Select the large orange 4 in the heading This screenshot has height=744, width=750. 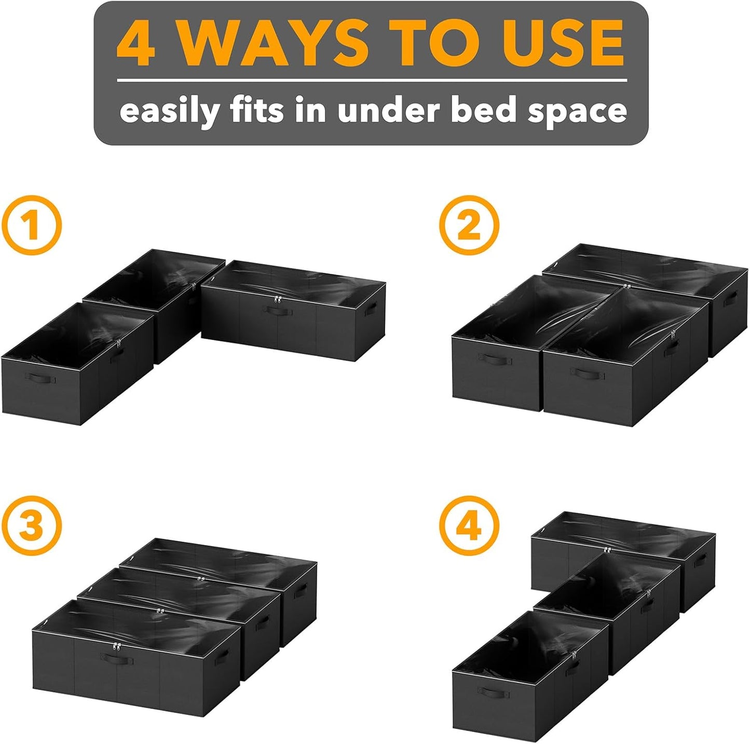tap(137, 44)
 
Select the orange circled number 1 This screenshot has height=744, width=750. tap(31, 225)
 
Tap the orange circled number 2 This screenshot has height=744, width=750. tap(469, 225)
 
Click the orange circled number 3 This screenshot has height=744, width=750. tap(31, 526)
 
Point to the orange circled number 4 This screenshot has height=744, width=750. tap(469, 526)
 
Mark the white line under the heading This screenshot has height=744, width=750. tap(372, 81)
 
